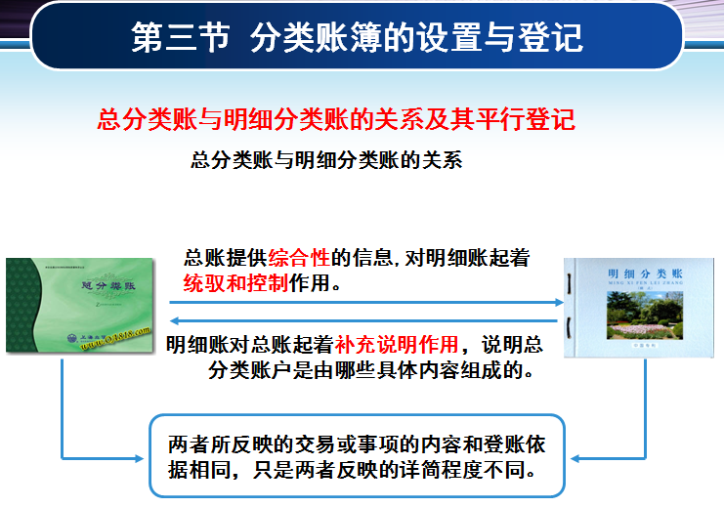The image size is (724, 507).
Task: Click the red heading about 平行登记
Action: click(336, 120)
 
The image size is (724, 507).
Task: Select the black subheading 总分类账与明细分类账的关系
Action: click(326, 160)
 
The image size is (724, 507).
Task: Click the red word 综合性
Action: click(301, 259)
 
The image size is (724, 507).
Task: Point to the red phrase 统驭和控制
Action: click(235, 284)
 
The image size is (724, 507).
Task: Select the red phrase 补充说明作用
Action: click(397, 345)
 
